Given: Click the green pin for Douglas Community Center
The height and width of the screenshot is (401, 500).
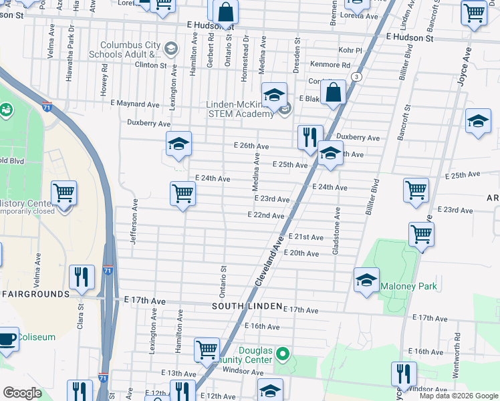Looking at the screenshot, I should (283, 353).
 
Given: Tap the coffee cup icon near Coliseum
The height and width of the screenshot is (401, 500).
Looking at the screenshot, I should (7, 338).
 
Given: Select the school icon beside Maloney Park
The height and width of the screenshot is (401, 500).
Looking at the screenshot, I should (366, 281).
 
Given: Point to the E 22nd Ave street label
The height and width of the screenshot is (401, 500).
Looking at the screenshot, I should (266, 216).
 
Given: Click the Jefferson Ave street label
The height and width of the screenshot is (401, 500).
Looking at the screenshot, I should (134, 221).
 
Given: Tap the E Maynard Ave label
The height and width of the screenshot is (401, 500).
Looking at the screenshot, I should (135, 104).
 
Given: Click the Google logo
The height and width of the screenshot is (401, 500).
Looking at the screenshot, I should (22, 394).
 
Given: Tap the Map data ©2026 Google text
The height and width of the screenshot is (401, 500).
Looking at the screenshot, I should (459, 396).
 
